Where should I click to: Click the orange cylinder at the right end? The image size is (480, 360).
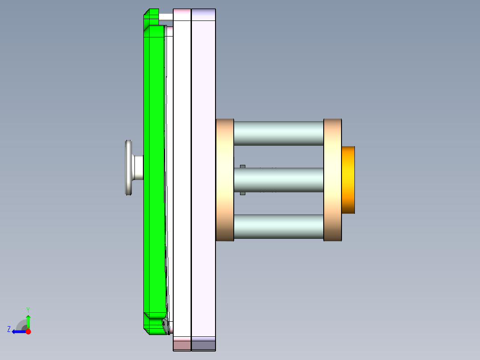tap(348, 180)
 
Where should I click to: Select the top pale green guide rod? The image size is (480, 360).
tap(278, 133)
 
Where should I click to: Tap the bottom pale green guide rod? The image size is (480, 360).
tap(278, 226)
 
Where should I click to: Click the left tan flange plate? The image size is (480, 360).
tap(225, 180)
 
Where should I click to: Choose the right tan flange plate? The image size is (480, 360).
tap(332, 180)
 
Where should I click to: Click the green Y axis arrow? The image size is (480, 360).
tap(28, 321)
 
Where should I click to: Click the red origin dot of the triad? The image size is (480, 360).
tap(28, 331)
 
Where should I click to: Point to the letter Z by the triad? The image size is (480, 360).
tap(9, 329)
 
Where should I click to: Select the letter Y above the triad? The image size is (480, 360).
tap(28, 309)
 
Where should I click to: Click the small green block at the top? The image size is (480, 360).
tap(151, 17)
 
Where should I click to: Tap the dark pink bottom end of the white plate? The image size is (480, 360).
tap(182, 344)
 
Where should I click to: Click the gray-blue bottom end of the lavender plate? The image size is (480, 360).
tap(203, 344)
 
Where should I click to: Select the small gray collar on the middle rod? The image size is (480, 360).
tap(243, 180)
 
